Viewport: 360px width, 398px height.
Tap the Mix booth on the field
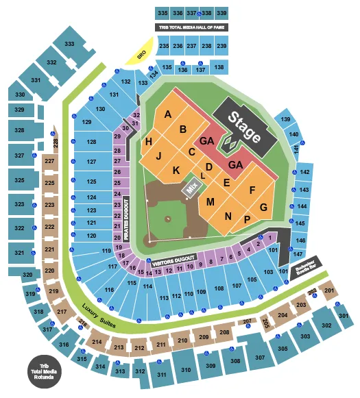[191, 186]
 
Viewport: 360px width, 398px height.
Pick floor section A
[168, 115]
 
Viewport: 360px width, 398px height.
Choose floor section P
[246, 220]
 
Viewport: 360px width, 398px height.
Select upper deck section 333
[70, 43]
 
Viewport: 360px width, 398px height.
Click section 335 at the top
[163, 13]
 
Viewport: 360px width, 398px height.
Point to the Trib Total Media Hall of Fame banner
[192, 27]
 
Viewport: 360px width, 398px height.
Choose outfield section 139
[286, 121]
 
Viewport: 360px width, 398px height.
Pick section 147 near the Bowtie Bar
[298, 253]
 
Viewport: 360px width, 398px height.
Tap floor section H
[149, 141]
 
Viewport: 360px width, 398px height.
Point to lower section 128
[91, 142]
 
